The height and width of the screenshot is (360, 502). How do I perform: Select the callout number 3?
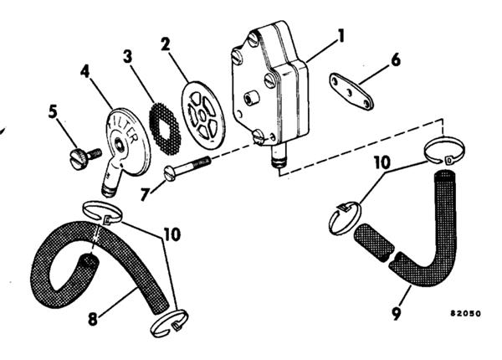[128, 57]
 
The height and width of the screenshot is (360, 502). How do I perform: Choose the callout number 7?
[146, 194]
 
